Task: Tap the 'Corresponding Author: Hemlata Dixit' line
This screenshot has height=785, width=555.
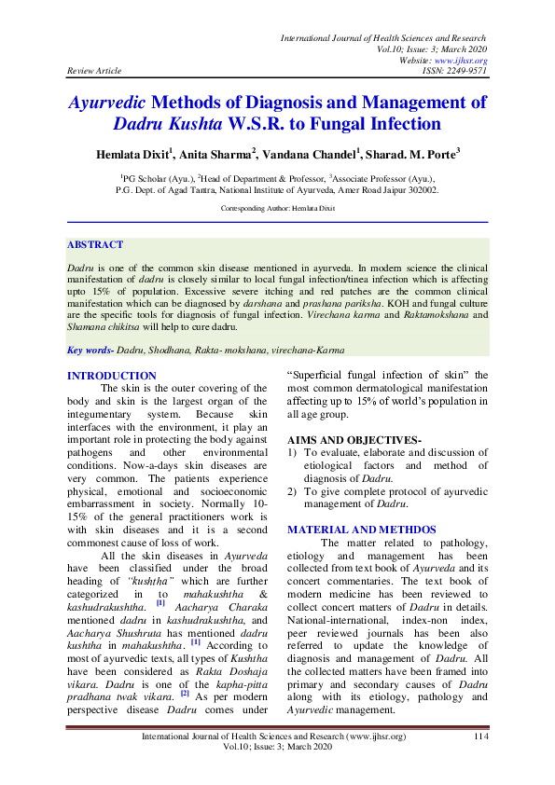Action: point(277,210)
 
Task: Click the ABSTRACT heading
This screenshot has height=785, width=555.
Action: point(94,245)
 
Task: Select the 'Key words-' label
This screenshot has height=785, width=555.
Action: point(91,351)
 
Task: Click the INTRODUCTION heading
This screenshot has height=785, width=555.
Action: point(112,376)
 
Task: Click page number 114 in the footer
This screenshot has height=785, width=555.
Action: point(481,737)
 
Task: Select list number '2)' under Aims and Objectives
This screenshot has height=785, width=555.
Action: point(293,490)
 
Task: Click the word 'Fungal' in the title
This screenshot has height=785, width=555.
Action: point(350,123)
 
